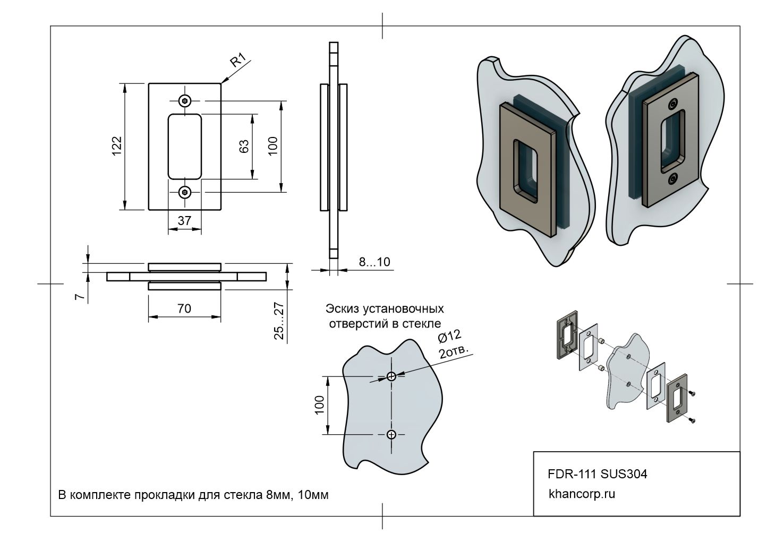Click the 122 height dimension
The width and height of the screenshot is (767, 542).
pos(117,146)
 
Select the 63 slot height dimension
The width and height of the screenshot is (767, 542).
pos(244,146)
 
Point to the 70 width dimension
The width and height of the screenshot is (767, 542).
pos(184,308)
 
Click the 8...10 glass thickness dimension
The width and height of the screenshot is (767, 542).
pos(374,262)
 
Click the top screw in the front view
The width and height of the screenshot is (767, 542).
pos(185,100)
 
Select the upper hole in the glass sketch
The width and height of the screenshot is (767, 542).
pos(391,377)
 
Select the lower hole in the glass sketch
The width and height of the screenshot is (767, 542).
pos(391,435)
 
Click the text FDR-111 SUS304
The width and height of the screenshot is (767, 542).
pos(597,474)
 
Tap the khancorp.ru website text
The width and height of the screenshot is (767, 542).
pos(581,494)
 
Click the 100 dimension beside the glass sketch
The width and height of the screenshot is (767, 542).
pos(319,406)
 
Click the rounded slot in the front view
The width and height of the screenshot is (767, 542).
pos(185,146)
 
